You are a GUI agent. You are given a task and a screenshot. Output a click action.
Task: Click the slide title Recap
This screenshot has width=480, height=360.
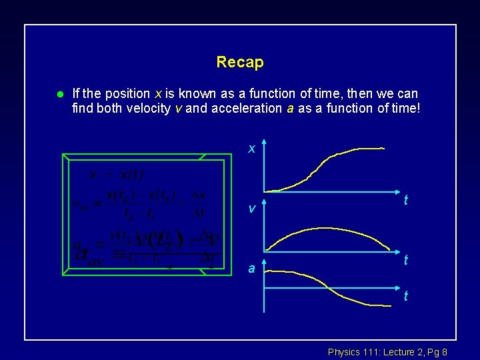pos(240,63)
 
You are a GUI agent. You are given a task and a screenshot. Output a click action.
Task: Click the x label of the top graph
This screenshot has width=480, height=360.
pos(251,149)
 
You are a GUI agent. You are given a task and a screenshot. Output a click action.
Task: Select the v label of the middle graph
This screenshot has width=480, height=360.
pos(251,209)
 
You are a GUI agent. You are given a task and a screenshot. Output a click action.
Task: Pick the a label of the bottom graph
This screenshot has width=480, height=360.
pos(251,269)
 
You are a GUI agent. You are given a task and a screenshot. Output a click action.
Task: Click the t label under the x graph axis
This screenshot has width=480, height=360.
pos(405,200)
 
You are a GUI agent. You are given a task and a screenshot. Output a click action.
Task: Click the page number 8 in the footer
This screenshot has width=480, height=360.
pos(444,351)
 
